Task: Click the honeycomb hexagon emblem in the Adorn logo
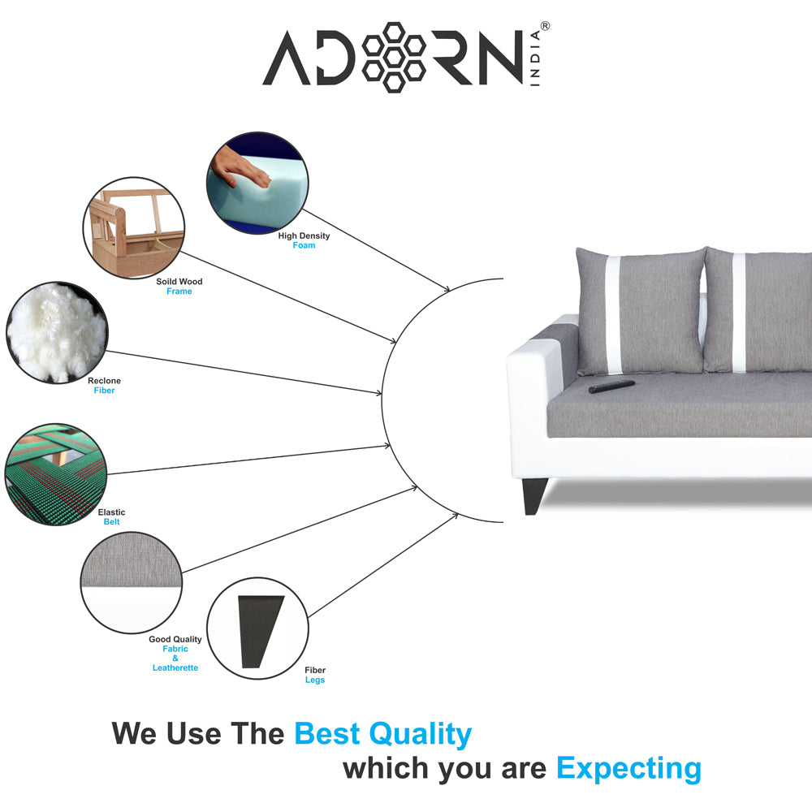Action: click(394, 56)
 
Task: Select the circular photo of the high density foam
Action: click(257, 184)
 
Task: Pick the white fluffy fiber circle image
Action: click(56, 332)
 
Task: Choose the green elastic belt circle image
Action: click(55, 474)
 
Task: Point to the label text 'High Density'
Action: click(304, 236)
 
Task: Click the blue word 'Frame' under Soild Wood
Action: click(179, 292)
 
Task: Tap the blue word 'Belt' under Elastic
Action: click(111, 522)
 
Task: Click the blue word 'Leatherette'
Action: click(175, 667)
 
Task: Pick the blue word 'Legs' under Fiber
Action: click(315, 680)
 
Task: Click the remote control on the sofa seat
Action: click(611, 385)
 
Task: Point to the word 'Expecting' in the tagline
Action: click(628, 767)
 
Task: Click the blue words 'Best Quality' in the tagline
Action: click(382, 734)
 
